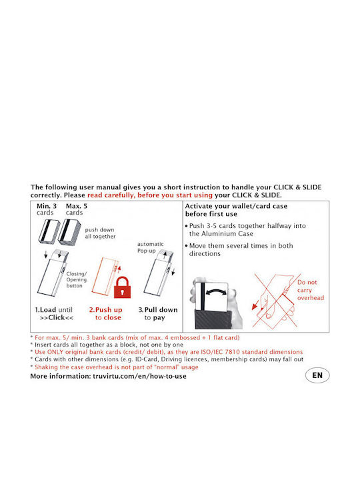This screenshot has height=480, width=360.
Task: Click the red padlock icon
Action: [122, 287]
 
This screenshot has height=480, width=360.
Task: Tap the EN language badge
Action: [317, 375]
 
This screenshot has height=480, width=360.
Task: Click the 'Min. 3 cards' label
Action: [47, 209]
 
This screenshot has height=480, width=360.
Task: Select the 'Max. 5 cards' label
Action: [76, 209]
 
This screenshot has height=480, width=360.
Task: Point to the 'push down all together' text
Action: [100, 233]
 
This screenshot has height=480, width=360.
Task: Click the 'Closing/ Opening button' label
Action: [77, 279]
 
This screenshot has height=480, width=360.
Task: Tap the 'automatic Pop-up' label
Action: [150, 247]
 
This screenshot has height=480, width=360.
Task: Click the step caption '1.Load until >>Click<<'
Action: [54, 314]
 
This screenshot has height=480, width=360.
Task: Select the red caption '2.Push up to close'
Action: [106, 314]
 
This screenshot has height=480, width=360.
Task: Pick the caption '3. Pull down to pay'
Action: [158, 314]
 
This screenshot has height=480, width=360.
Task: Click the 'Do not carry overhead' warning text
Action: [311, 290]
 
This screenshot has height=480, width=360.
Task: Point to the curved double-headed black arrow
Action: [217, 290]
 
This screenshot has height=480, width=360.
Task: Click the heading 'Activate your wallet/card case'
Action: [236, 206]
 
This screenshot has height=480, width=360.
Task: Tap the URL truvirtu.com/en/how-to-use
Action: [139, 376]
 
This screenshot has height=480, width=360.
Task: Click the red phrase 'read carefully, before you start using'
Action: [150, 195]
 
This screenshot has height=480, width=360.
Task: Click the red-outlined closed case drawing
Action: [106, 277]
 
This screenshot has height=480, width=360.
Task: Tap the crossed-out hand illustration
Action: [275, 301]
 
